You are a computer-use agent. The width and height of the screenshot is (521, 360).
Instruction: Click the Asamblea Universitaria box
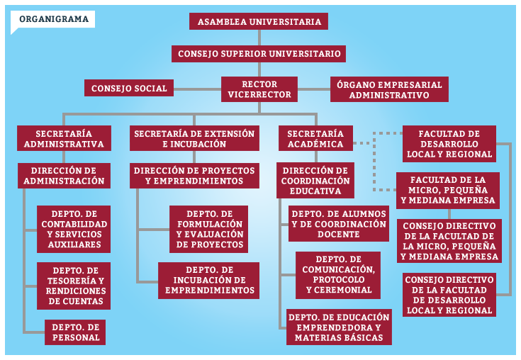(259, 21)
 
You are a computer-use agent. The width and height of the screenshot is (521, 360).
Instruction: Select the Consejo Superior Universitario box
(259, 54)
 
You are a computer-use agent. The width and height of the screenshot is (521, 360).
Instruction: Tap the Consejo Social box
(129, 88)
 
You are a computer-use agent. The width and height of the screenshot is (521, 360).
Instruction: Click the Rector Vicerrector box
(259, 89)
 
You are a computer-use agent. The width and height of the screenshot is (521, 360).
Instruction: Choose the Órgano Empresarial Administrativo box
(389, 89)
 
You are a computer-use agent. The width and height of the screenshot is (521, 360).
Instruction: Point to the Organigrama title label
(53, 19)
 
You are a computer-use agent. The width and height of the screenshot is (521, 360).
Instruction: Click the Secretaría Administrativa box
(64, 138)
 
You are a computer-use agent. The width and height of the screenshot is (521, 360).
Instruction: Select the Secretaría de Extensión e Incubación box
(194, 138)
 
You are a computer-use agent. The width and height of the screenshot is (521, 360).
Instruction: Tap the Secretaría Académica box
(315, 138)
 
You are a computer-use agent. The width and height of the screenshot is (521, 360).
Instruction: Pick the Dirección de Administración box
(64, 176)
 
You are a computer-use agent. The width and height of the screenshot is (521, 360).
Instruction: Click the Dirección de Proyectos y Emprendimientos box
(194, 176)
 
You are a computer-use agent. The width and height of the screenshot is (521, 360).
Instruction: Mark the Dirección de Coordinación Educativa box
(315, 180)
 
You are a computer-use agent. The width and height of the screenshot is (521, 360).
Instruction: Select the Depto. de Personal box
(75, 332)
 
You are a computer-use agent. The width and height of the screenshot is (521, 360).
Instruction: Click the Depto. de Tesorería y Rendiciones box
(74, 286)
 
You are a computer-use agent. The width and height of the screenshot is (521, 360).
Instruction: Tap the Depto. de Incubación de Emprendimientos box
(208, 281)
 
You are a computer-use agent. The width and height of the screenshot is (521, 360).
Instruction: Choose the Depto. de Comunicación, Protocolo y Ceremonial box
(338, 275)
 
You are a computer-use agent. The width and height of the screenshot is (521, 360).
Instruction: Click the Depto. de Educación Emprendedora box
(339, 327)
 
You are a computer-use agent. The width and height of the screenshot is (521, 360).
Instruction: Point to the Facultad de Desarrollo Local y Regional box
(449, 144)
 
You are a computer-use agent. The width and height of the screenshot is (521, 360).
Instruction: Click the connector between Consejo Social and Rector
(197, 89)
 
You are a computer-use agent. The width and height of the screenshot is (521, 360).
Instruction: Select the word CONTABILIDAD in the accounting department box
(74, 224)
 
